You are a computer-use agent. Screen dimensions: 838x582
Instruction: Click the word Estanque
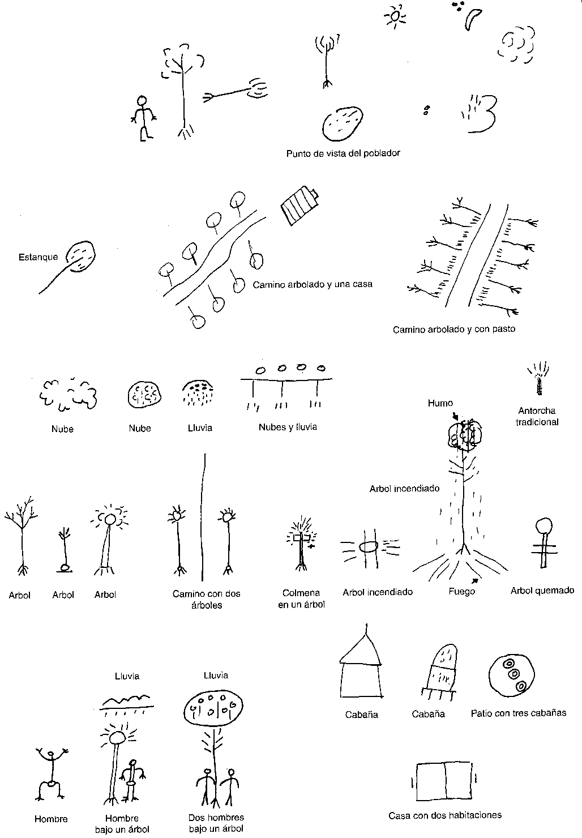38,257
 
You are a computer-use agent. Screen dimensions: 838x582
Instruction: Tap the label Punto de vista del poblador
343,153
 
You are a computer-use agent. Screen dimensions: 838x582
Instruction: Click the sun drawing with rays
394,16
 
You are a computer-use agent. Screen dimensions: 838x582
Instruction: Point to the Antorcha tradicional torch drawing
538,381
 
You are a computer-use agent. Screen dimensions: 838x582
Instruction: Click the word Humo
440,403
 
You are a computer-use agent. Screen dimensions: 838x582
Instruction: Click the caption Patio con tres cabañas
518,713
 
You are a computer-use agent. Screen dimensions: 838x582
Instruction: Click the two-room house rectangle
444,781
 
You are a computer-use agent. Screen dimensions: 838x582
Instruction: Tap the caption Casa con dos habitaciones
445,815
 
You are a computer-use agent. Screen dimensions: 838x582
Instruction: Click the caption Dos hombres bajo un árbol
216,823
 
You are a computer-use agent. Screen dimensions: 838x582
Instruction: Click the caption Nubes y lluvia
288,427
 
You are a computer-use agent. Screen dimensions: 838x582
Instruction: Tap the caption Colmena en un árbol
301,598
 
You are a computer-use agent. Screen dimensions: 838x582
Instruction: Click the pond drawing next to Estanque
82,256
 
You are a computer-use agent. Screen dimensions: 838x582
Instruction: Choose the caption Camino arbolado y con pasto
454,329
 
